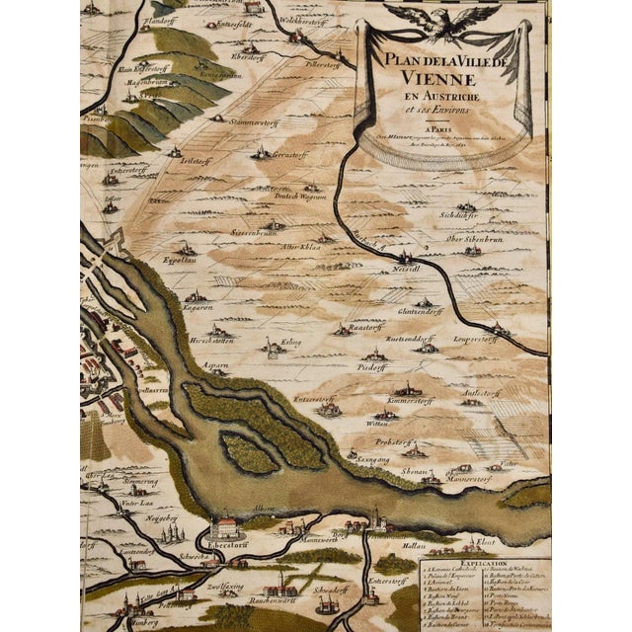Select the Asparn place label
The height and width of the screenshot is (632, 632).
216,365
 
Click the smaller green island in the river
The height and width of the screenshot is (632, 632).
247,454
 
